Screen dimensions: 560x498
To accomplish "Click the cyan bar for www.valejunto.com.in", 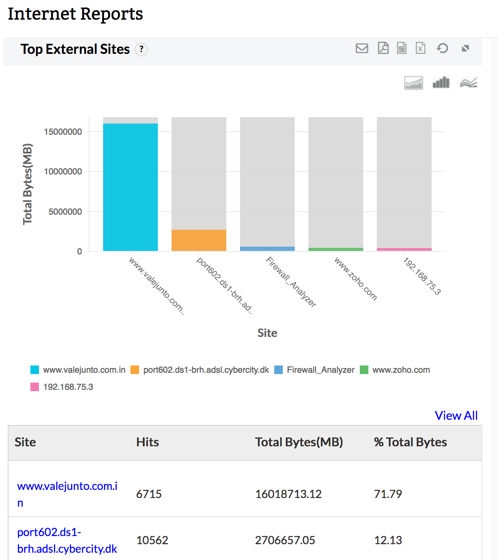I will [130, 187].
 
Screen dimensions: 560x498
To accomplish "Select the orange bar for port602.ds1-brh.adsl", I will [199, 240].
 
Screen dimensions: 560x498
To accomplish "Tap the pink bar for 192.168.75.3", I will [404, 249].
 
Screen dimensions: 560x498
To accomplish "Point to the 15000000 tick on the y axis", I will [63, 132].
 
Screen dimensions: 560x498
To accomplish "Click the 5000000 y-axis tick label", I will [65, 212].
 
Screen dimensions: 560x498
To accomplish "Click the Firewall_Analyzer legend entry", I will [320, 370].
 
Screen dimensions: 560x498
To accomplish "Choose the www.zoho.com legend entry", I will [401, 370].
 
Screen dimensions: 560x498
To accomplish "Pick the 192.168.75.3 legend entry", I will [68, 387].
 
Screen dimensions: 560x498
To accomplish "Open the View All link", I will [456, 416].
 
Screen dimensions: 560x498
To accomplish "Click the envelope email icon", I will [362, 48].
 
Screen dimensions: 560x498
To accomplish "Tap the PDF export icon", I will [383, 48].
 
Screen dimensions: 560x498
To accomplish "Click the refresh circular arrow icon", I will [442, 48].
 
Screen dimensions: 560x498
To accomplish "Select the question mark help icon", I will [141, 50].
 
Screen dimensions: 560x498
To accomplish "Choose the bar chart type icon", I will [441, 83].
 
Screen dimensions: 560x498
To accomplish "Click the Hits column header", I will [148, 442].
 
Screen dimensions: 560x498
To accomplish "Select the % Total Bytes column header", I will [410, 442].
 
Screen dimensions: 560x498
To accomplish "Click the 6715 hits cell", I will [149, 494].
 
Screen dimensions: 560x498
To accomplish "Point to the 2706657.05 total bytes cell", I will [285, 540].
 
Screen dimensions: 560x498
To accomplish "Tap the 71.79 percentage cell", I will [388, 494].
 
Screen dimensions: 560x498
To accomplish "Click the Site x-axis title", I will [267, 333].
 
